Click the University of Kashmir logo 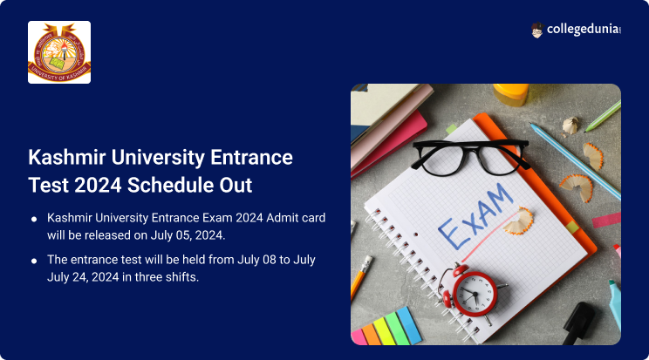click(59, 52)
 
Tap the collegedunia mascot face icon click(536, 31)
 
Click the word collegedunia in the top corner click(584, 29)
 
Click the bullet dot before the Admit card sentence click(34, 219)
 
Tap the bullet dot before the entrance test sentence click(34, 261)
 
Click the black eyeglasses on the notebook click(470, 156)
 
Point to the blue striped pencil click(576, 160)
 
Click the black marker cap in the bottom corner click(578, 323)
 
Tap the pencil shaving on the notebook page click(518, 221)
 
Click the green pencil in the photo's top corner click(603, 116)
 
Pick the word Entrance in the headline click(251, 157)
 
